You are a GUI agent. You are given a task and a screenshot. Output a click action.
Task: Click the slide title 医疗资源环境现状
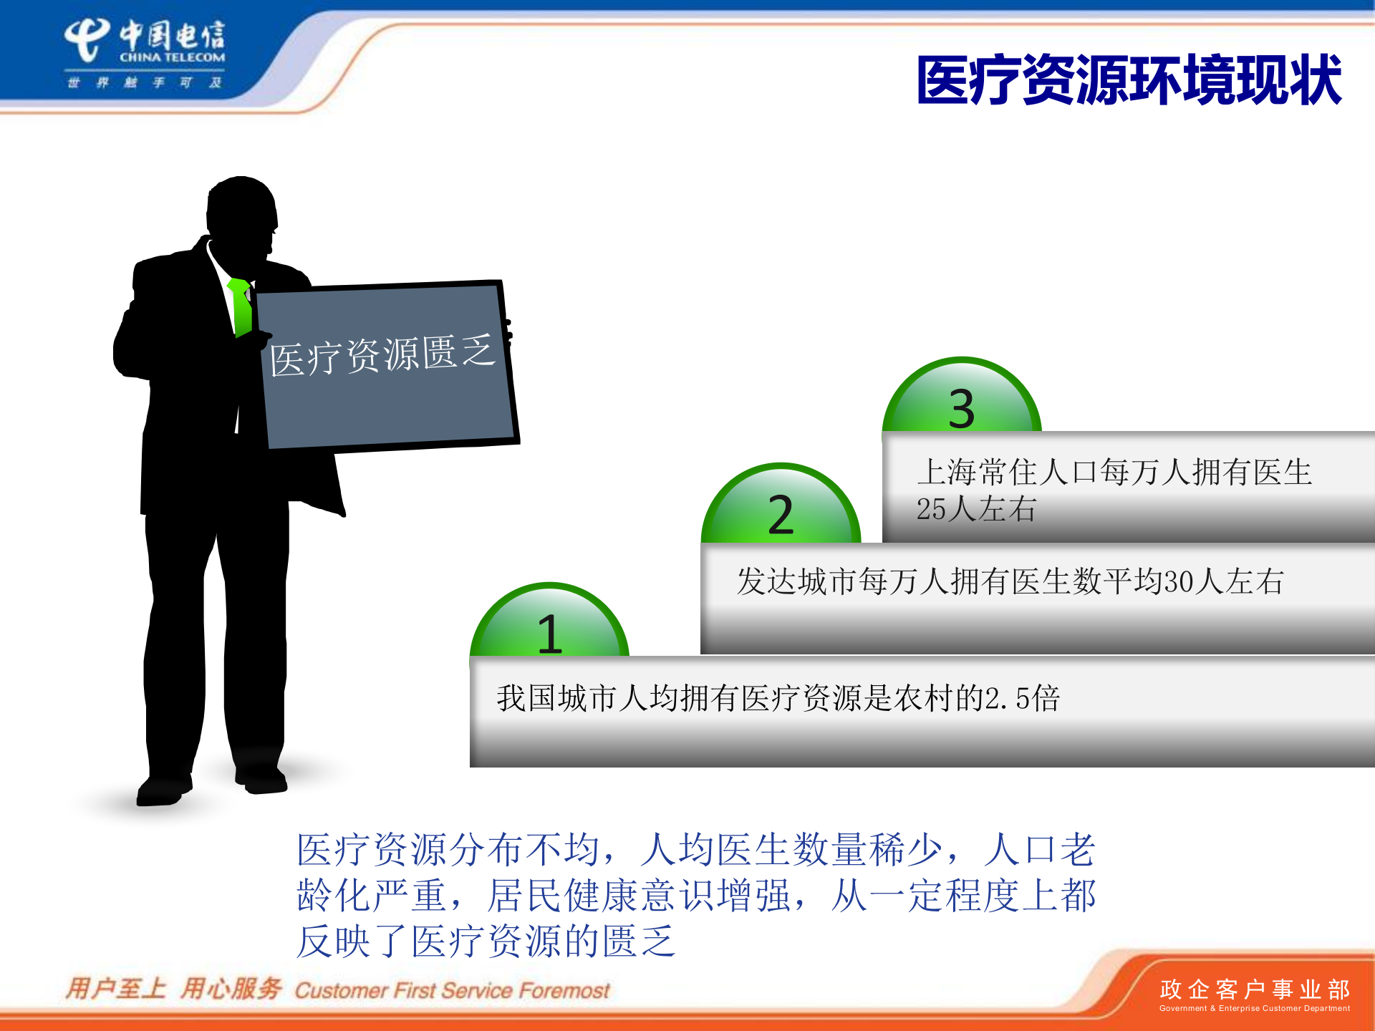point(1129,80)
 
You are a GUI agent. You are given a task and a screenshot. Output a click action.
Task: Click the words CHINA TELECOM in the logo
point(172,57)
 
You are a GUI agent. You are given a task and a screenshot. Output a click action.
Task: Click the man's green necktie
point(241,306)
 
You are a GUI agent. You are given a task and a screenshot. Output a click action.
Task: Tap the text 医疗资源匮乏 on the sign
point(382,354)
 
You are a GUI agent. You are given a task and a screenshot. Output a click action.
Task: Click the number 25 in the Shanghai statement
point(931,510)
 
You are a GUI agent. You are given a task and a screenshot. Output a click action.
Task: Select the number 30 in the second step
point(1179,581)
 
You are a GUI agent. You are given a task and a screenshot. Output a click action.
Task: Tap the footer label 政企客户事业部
point(1254,989)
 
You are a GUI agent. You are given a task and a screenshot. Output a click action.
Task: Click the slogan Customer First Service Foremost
point(452,991)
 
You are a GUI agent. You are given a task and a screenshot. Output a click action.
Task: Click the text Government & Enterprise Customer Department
point(1254,1009)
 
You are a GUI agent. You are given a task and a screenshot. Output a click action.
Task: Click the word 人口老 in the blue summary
point(1039,850)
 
